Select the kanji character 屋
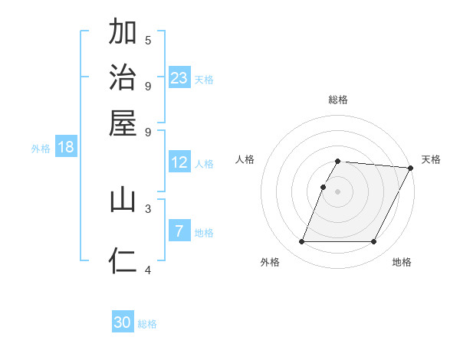[x=123, y=122]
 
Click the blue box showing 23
[x=179, y=78]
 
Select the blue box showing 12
[x=179, y=162]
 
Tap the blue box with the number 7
[x=179, y=231]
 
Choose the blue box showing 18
[x=66, y=147]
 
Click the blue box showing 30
[x=123, y=322]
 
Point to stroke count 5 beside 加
[x=148, y=40]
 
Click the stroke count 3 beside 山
[x=148, y=208]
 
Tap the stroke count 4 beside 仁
[x=148, y=269]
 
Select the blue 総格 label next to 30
[x=147, y=324]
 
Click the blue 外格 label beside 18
[x=40, y=149]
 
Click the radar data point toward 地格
[x=374, y=242]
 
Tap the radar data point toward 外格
[x=301, y=242]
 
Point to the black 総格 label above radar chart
[x=337, y=100]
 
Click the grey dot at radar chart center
[x=337, y=191]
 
